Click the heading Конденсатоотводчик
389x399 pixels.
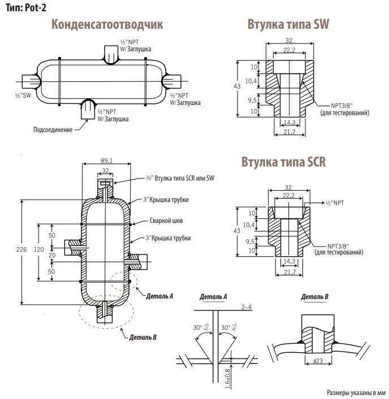pos(107,25)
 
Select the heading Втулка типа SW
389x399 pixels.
pos(288,25)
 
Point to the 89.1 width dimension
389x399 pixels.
pos(106,161)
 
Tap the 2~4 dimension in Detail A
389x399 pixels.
pos(246,306)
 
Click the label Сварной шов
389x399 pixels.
pos(165,221)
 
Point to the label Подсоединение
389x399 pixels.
pos(53,130)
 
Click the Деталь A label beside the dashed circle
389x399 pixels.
pos(159,296)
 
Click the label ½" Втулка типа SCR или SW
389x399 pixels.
pos(180,178)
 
